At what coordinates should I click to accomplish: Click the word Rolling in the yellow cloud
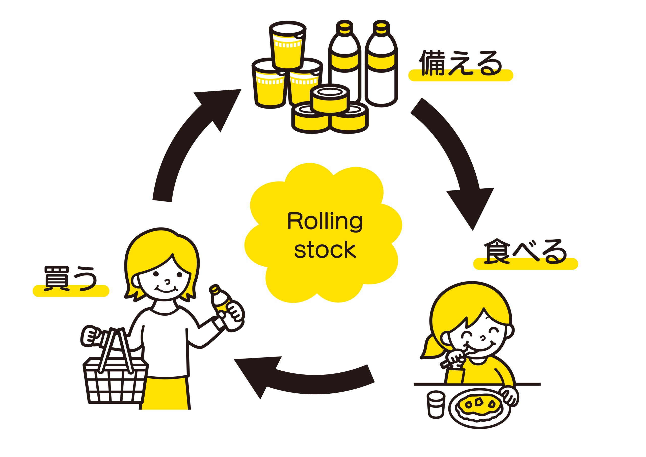[325, 222]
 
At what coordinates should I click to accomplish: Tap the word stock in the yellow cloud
[325, 250]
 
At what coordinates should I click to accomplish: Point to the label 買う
[71, 278]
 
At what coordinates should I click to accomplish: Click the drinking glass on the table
[436, 404]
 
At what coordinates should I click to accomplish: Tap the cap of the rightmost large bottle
[381, 26]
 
